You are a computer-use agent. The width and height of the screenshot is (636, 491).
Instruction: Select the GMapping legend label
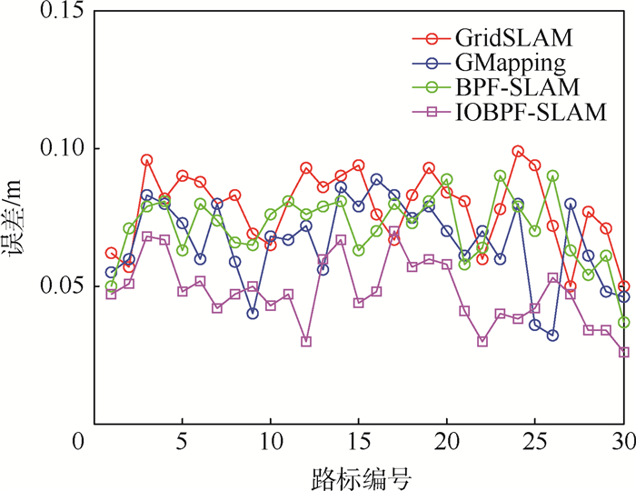[x=512, y=64]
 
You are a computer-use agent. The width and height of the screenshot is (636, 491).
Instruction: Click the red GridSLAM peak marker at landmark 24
[x=518, y=151]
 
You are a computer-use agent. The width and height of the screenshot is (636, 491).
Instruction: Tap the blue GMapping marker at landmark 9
[x=253, y=314]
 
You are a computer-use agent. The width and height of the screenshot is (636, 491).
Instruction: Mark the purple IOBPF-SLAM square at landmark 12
[x=306, y=342]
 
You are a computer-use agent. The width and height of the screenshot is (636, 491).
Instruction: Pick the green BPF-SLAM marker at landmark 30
[x=623, y=322]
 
